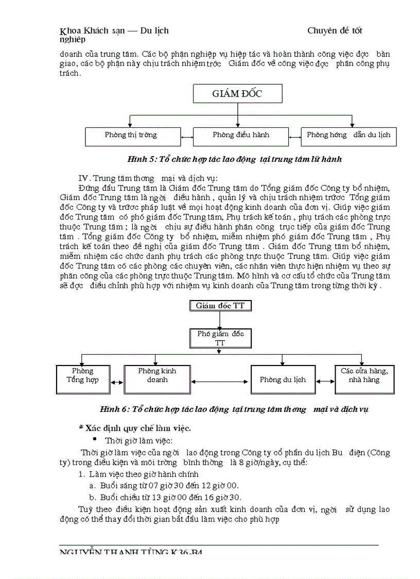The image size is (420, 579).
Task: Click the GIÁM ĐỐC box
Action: pyautogui.click(x=237, y=94)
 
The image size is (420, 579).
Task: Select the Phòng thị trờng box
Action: pyautogui.click(x=131, y=136)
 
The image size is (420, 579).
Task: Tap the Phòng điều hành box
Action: pyautogui.click(x=241, y=136)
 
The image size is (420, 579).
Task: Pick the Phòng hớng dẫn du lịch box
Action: pyautogui.click(x=348, y=136)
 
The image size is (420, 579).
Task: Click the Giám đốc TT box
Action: pyautogui.click(x=220, y=306)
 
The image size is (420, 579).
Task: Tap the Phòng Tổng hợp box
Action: pyautogui.click(x=82, y=379)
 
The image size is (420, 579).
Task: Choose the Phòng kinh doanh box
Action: pyautogui.click(x=157, y=379)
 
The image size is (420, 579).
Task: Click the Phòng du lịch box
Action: pyautogui.click(x=283, y=380)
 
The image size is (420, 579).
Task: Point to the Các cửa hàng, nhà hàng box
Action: pyautogui.click(x=364, y=379)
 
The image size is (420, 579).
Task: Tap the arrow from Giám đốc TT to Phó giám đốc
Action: pyautogui.click(x=220, y=320)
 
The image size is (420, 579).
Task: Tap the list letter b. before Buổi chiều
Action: pyautogui.click(x=92, y=497)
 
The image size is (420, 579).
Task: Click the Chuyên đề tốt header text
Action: pyautogui.click(x=335, y=30)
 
